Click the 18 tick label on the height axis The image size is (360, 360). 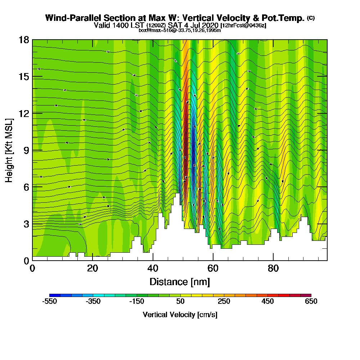(23, 40)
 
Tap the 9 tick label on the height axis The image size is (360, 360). (26, 150)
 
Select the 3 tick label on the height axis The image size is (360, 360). (26, 224)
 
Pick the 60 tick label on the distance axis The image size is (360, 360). (213, 268)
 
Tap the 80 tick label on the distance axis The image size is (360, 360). (273, 268)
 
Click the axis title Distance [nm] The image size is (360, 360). (180, 281)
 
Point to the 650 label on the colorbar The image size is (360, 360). (311, 301)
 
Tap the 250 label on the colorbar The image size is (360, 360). (224, 301)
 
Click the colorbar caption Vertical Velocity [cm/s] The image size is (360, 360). (180, 315)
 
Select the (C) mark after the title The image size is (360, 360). (311, 18)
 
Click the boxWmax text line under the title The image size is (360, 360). (180, 30)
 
